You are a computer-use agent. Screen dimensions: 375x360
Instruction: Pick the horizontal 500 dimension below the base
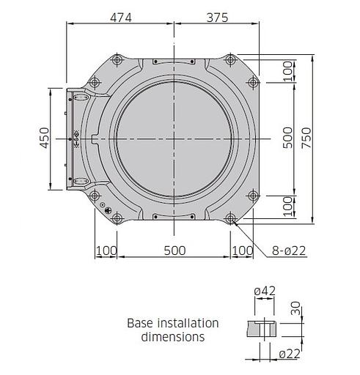(x=174, y=250)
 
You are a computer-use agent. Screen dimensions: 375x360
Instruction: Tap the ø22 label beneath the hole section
(x=291, y=354)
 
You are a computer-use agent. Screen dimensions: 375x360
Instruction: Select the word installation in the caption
(x=187, y=323)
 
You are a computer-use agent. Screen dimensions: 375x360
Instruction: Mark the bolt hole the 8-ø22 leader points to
(x=231, y=218)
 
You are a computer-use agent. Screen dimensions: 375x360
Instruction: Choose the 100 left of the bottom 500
(x=106, y=250)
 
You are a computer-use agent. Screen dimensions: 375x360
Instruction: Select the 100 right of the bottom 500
(x=241, y=250)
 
